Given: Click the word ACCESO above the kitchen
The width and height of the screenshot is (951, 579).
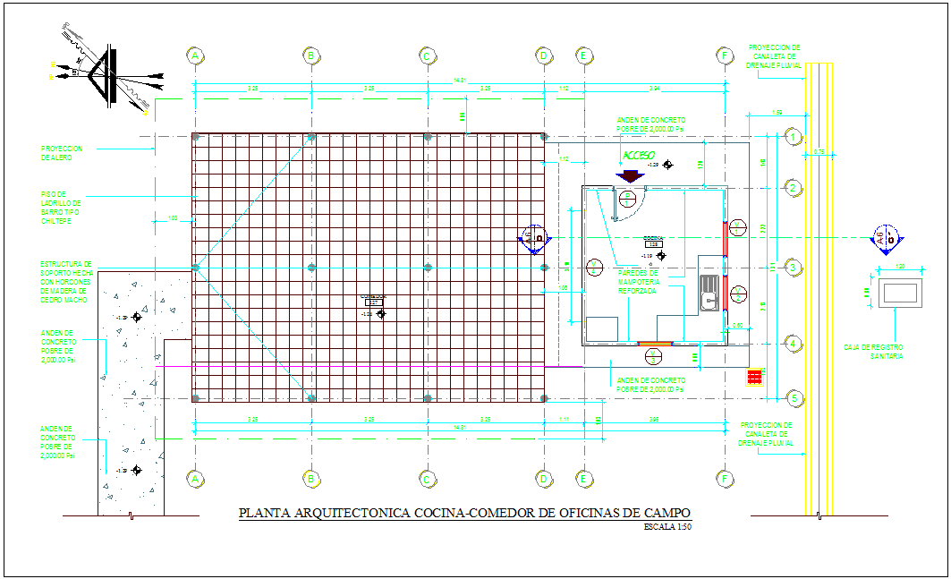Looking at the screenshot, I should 640,155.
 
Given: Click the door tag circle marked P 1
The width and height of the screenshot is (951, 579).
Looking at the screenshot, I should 628,197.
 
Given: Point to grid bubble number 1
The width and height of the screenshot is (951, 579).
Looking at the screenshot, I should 792,136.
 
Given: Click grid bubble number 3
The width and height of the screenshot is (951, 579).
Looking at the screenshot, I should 792,267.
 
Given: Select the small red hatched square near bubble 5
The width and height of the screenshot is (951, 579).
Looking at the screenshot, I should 753,376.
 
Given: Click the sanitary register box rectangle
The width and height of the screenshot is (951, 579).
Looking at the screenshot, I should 899,294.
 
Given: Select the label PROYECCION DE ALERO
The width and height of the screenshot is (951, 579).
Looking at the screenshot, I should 62,154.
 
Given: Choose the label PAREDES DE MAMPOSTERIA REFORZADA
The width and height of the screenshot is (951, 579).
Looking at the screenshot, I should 637,282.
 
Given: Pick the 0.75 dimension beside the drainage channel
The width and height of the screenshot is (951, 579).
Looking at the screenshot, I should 818,153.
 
